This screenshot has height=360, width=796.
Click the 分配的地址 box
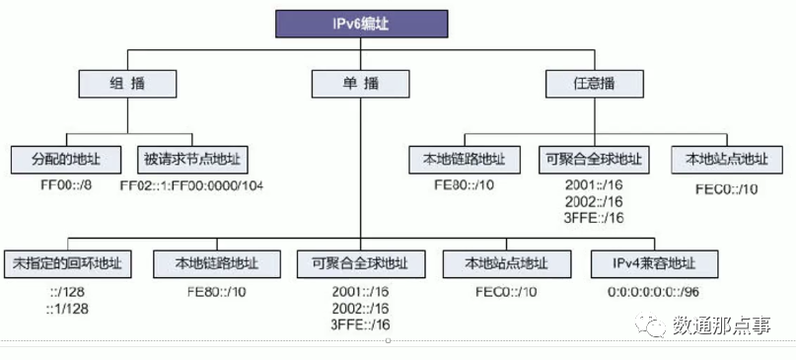tap(65, 158)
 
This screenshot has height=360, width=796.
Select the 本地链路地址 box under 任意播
tap(463, 158)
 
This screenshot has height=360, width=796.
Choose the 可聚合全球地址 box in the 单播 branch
tap(360, 263)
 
